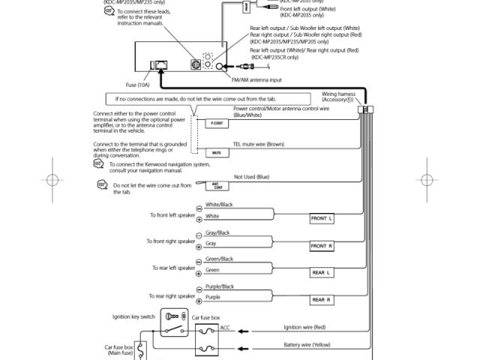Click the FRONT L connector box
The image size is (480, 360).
click(x=322, y=218)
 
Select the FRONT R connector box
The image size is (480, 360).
click(x=322, y=246)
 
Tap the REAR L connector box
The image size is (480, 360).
click(x=322, y=273)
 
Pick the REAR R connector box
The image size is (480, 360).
click(x=322, y=300)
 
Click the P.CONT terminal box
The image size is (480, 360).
click(x=217, y=123)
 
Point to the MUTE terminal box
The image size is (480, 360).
click(x=217, y=152)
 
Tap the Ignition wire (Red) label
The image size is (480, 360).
click(x=304, y=327)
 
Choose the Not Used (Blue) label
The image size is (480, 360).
click(x=251, y=177)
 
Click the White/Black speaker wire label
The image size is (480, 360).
click(x=219, y=205)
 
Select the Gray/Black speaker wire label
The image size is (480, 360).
click(x=217, y=232)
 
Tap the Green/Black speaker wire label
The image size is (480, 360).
click(x=219, y=259)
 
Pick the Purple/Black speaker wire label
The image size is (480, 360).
click(x=220, y=286)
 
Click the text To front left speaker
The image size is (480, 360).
click(x=172, y=215)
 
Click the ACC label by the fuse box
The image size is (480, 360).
click(x=225, y=327)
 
